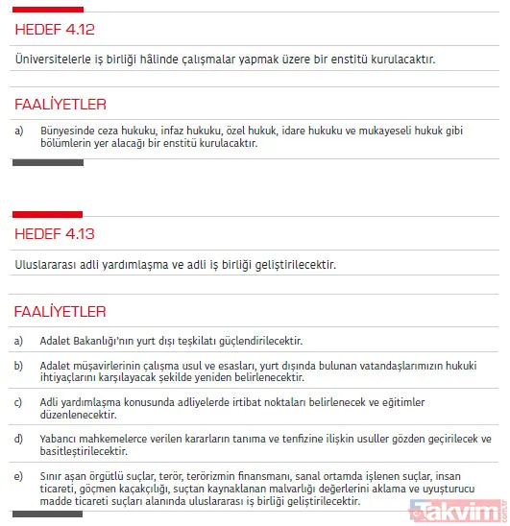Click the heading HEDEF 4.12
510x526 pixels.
coord(55,30)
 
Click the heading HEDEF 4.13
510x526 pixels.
coord(55,233)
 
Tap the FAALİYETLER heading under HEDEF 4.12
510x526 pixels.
coord(61,104)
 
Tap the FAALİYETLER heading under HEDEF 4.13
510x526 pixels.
coord(61,311)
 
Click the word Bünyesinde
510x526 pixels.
coord(68,130)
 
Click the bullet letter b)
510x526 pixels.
coord(19,365)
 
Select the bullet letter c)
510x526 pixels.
coord(19,401)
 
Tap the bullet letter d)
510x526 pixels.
coord(19,439)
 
